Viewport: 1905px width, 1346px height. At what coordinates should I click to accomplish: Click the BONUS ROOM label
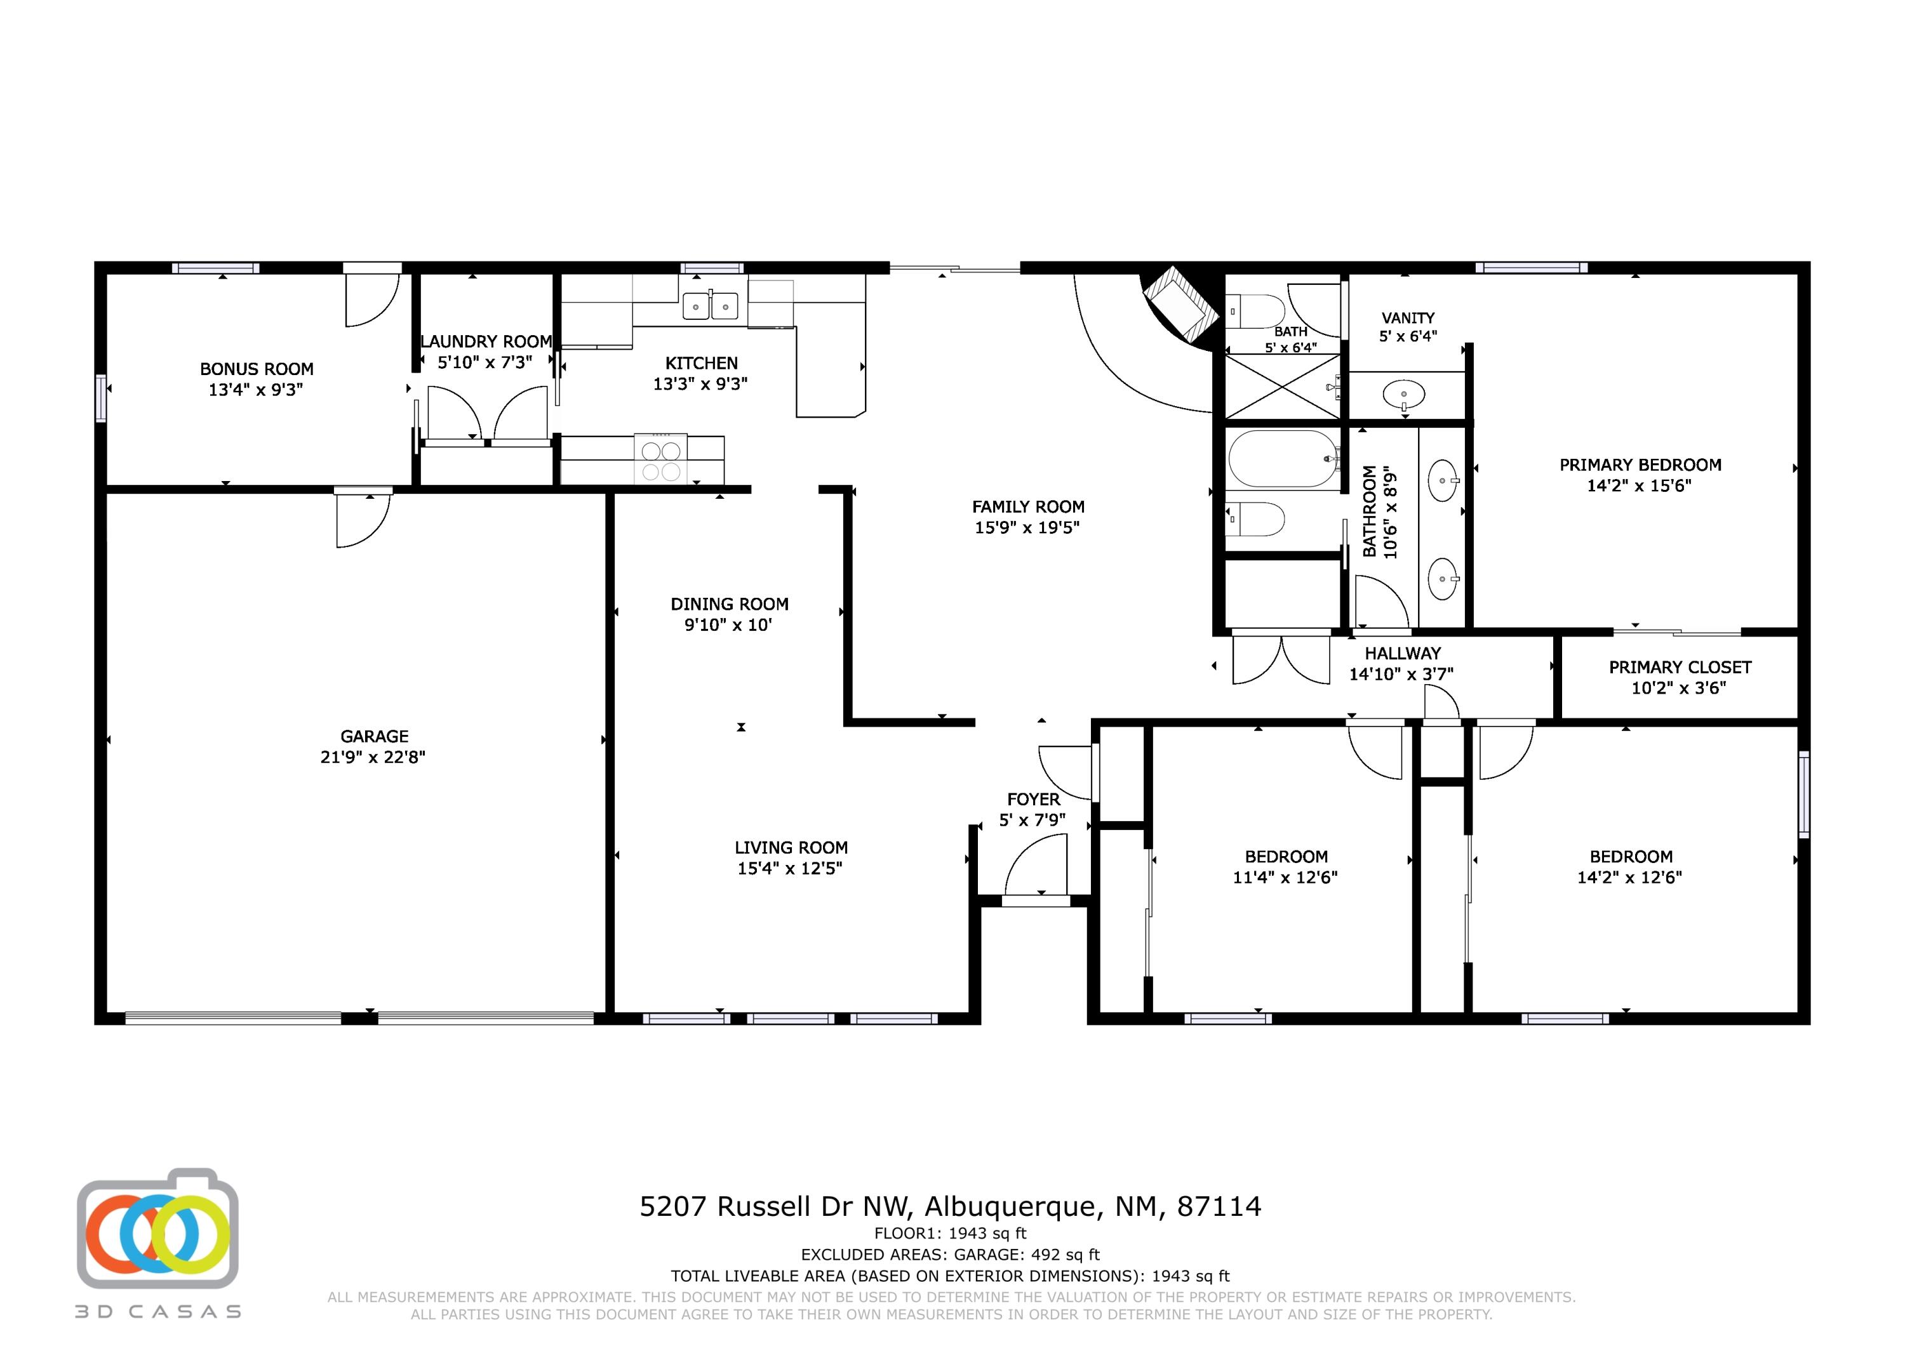257,369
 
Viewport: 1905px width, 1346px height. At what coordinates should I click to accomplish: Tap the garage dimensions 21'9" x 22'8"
373,757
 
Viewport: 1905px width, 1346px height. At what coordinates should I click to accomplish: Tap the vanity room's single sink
1404,395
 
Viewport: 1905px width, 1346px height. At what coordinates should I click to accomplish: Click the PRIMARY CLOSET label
1680,668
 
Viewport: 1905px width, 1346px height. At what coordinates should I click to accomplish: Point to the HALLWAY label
1402,654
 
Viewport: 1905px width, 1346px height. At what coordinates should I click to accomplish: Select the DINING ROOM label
730,605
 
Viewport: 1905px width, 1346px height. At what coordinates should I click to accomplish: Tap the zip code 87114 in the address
1219,1206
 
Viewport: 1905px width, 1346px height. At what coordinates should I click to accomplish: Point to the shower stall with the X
1282,386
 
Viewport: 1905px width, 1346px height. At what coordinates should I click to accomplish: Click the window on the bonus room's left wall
100,398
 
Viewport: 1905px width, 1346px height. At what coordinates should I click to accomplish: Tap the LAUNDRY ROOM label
486,341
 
